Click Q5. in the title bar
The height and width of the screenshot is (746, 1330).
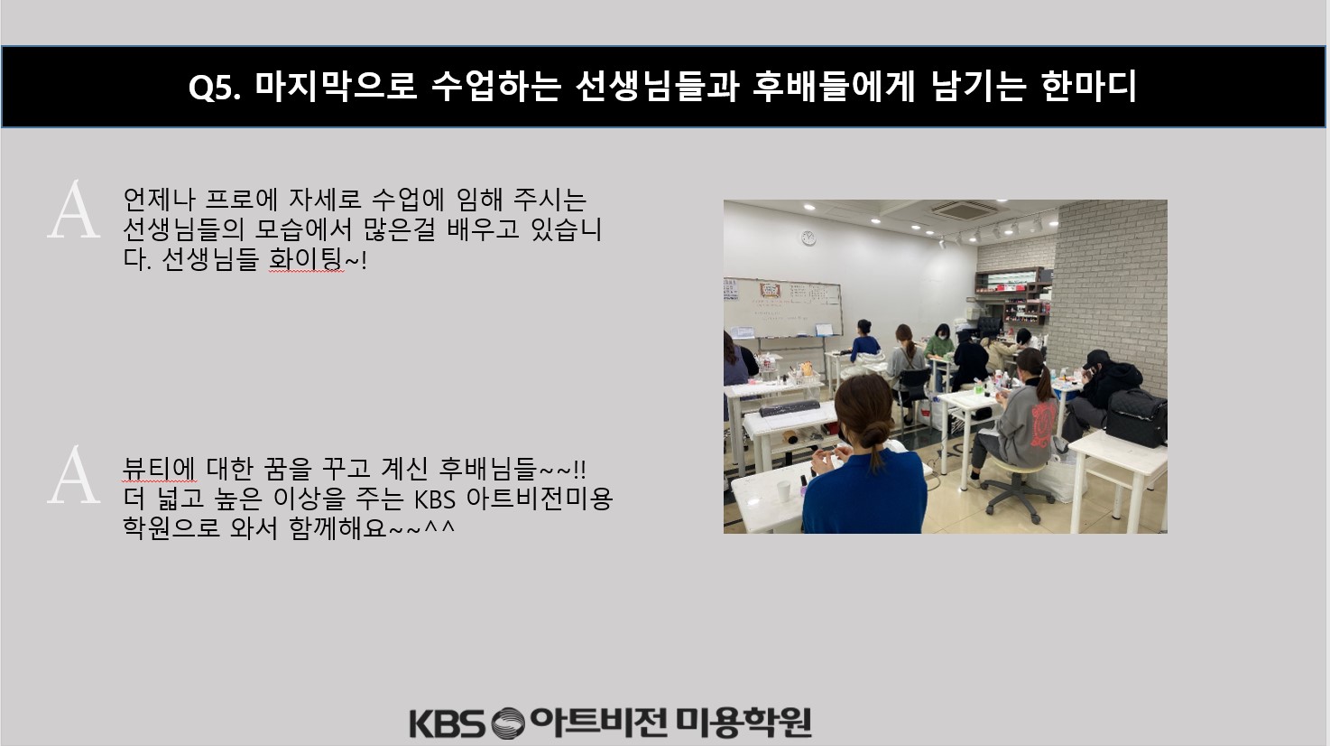215,88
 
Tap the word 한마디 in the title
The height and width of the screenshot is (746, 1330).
1088,86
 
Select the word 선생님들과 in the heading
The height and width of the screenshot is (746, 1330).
657,86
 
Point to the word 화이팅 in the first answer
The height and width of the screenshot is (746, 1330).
305,259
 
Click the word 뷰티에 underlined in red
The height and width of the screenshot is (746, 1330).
159,469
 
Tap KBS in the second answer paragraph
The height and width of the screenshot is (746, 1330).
435,499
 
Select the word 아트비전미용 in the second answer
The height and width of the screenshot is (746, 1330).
539,499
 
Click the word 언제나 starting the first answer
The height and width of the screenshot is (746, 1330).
159,199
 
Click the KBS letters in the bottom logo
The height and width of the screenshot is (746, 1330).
447,723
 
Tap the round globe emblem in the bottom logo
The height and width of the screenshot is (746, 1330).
508,723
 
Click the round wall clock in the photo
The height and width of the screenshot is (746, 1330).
808,238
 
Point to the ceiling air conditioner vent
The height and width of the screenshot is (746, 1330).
963,210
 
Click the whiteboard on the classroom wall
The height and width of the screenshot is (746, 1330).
782,308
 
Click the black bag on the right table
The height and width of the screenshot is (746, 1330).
1136,418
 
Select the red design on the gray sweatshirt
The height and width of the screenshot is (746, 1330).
1043,424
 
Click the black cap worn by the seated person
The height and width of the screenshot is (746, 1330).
1096,359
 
